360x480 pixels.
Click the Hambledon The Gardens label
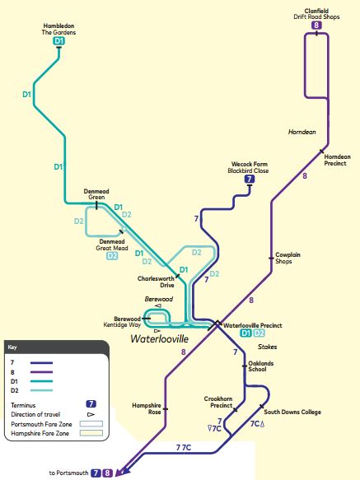[58, 29]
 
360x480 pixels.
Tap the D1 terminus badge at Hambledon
[58, 41]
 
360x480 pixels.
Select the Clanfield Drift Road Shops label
[316, 13]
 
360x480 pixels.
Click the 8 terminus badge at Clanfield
[316, 26]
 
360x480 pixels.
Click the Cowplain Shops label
[288, 258]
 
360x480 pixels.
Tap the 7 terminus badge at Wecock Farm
[249, 179]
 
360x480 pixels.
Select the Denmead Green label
[96, 194]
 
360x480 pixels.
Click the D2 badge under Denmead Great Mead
[112, 256]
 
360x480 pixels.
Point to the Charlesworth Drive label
[156, 282]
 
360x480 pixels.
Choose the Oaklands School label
[260, 366]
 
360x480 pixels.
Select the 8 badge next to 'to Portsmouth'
[108, 473]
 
